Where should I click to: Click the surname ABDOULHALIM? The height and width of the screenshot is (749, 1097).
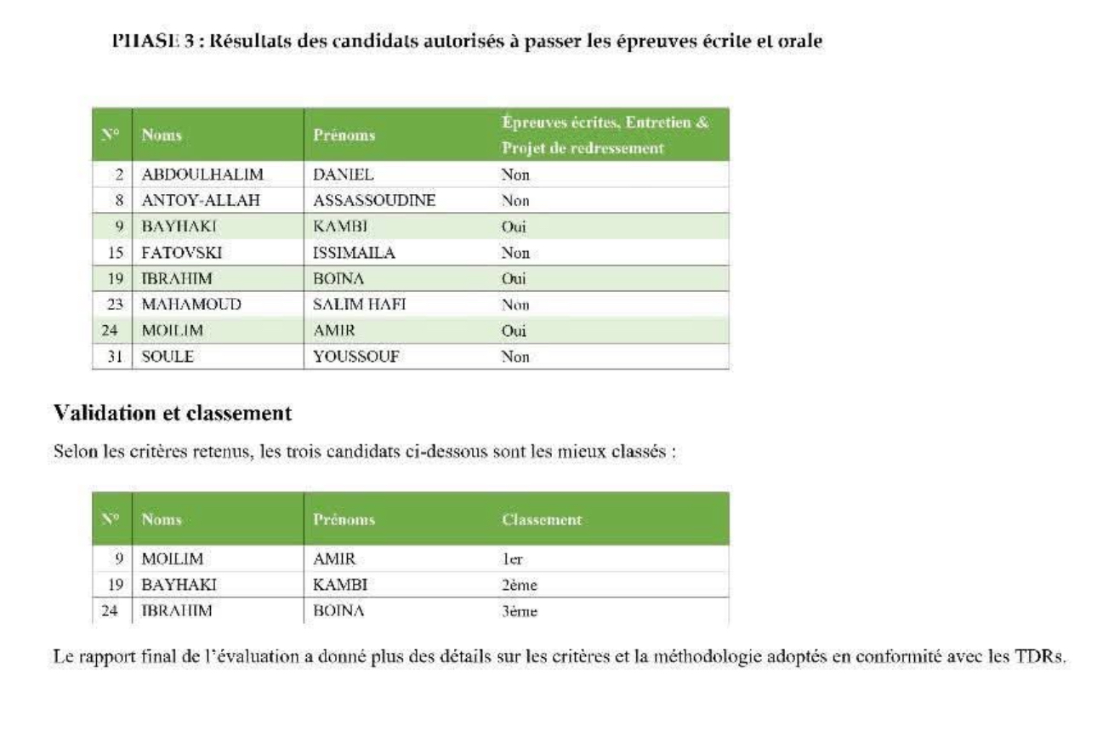202,175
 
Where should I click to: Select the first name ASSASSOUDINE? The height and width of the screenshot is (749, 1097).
374,202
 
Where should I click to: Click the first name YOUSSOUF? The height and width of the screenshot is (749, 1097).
356,357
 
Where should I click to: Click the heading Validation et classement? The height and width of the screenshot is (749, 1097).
173,415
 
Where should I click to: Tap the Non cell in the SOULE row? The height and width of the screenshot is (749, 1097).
515,357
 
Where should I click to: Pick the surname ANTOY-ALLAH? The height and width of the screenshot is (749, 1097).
196,202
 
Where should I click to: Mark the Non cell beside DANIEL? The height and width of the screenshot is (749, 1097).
515,175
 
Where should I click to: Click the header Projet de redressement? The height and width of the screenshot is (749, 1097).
582,148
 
